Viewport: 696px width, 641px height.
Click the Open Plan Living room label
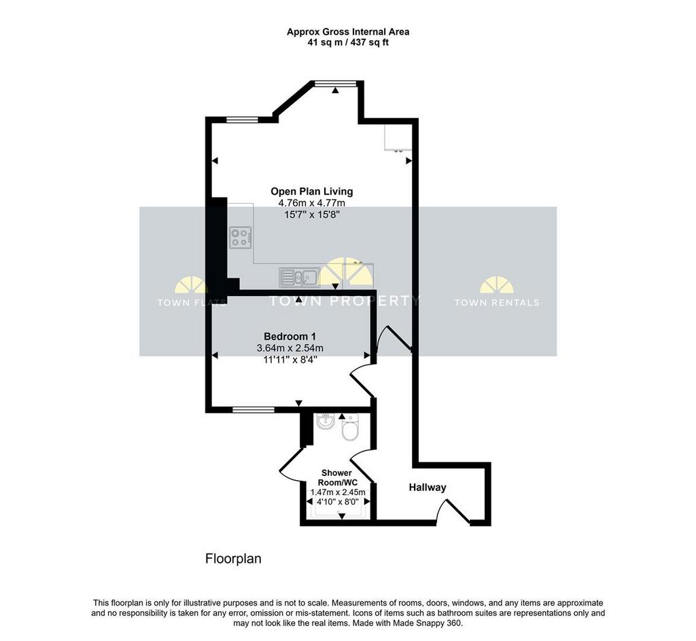pyautogui.click(x=311, y=191)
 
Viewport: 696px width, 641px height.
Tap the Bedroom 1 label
pyautogui.click(x=290, y=336)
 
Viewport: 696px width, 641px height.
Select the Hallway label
pyautogui.click(x=427, y=488)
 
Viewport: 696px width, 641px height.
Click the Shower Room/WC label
pyautogui.click(x=336, y=478)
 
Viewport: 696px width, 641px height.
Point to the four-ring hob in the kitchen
pyautogui.click(x=240, y=238)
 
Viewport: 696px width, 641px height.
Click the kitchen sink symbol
pyautogui.click(x=299, y=278)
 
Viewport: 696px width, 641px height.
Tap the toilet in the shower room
pyautogui.click(x=350, y=427)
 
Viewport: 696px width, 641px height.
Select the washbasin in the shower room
pyautogui.click(x=326, y=422)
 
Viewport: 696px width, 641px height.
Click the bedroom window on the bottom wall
pyautogui.click(x=254, y=409)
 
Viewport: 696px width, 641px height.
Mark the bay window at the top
pyautogui.click(x=335, y=83)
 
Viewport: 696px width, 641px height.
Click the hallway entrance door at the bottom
pyautogui.click(x=453, y=510)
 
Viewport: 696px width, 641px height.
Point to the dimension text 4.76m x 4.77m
pyautogui.click(x=311, y=203)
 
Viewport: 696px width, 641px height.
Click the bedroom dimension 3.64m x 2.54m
pyautogui.click(x=290, y=348)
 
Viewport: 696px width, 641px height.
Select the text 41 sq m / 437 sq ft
pyautogui.click(x=348, y=43)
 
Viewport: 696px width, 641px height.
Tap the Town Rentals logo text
pyautogui.click(x=497, y=303)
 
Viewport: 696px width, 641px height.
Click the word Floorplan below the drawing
pyautogui.click(x=233, y=559)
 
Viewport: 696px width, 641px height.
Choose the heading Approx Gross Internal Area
pyautogui.click(x=348, y=32)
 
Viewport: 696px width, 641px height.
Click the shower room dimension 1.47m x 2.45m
pyautogui.click(x=338, y=492)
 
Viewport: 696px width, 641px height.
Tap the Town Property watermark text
pyautogui.click(x=344, y=301)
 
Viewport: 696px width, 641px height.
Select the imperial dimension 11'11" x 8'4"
pyautogui.click(x=290, y=359)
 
